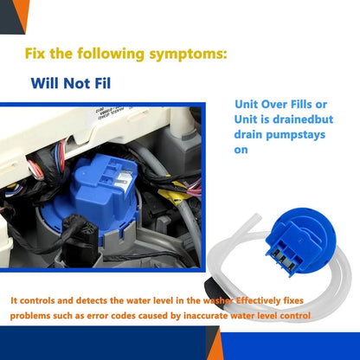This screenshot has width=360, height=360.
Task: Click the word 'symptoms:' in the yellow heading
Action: (x=188, y=55)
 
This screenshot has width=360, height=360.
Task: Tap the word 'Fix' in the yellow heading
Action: (x=35, y=54)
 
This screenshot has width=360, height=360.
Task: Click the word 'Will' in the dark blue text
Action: (x=45, y=83)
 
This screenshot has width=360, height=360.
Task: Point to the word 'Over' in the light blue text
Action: (x=274, y=104)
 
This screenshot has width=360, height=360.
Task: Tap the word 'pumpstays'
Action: (x=295, y=135)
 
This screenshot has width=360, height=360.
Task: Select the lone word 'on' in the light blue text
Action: (x=241, y=150)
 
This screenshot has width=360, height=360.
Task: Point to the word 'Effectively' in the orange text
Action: (x=258, y=300)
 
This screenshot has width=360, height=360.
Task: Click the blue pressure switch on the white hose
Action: (x=296, y=241)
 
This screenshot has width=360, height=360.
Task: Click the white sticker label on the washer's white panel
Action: (x=111, y=114)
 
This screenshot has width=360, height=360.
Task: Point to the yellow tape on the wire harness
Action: (x=176, y=193)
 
